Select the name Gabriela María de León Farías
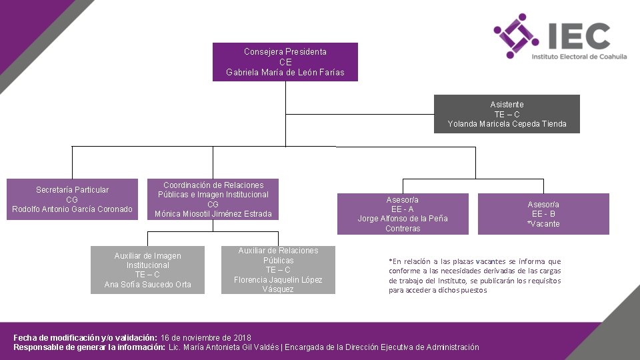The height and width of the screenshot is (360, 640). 285,73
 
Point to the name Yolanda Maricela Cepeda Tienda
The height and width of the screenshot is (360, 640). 507,124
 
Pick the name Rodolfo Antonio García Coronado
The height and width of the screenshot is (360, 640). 72,209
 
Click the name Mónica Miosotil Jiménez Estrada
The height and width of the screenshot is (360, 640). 213,214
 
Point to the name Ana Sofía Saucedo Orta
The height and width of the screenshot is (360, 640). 147,285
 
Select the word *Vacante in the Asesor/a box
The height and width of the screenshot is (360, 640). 543,224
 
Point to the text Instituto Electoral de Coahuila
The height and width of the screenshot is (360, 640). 579,57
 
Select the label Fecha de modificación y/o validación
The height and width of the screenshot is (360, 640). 85,338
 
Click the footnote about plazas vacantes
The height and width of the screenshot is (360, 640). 475,276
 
